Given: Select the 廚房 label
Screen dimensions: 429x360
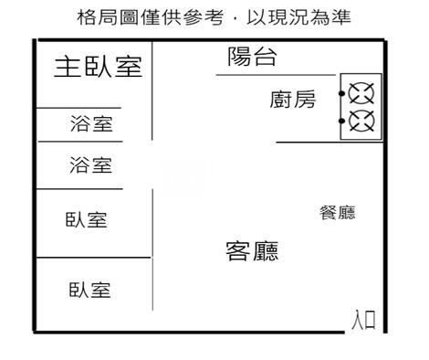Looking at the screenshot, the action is [293, 100].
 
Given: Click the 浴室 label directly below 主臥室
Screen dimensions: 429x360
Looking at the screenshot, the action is [91, 124].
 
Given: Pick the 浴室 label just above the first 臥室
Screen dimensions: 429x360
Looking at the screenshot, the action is [91, 165].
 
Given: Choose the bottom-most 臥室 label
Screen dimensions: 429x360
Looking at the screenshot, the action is [90, 291].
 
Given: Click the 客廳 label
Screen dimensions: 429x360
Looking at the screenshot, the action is [252, 250].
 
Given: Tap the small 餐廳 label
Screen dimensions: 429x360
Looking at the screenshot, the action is [336, 214].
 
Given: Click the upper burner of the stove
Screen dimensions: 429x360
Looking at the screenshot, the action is [362, 94].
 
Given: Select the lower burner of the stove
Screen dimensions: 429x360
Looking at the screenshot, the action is [362, 120].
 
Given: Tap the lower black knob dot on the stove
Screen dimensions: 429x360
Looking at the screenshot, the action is [342, 120].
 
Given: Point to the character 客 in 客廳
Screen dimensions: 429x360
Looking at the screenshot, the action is [238, 250].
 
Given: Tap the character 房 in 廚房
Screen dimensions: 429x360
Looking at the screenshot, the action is [305, 100].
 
